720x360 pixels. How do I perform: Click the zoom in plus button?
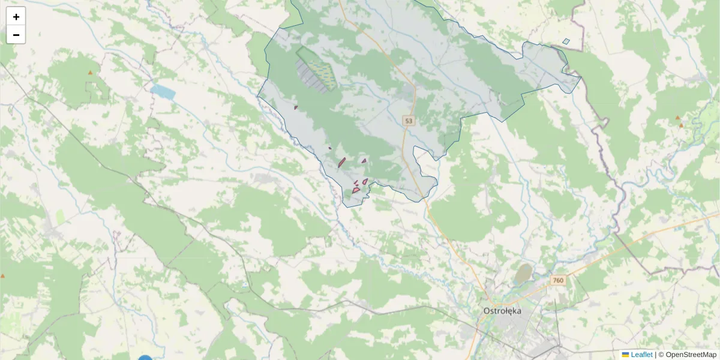click(x=16, y=17)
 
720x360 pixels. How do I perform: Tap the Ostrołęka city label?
click(x=502, y=311)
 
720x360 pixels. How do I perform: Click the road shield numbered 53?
click(x=409, y=121)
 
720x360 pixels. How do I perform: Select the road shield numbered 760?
click(x=559, y=280)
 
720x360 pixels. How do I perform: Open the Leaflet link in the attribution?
click(x=641, y=355)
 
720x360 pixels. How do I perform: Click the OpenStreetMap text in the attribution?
click(x=691, y=355)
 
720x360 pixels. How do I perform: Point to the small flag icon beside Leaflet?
click(x=626, y=355)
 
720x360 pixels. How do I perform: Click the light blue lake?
click(x=163, y=92)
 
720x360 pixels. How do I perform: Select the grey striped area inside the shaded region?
click(x=311, y=76)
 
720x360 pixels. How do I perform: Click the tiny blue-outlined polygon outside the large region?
click(x=566, y=41)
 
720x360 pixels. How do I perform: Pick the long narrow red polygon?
click(x=341, y=162)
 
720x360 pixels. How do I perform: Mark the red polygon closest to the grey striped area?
click(x=296, y=107)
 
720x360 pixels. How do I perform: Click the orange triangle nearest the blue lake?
click(x=91, y=73)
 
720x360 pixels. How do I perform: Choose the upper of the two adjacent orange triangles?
click(x=677, y=118)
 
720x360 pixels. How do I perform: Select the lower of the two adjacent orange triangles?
click(x=681, y=125)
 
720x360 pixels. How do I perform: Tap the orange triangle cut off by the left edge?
click(x=2, y=276)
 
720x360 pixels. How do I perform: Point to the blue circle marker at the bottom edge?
click(x=145, y=358)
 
